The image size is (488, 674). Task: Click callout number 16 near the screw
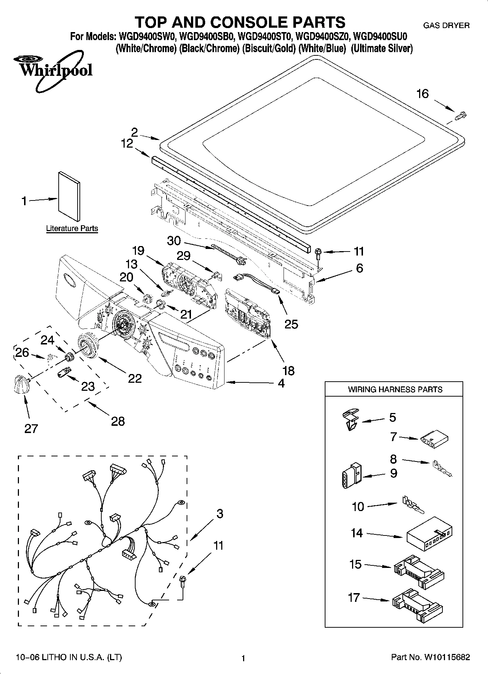click(422, 94)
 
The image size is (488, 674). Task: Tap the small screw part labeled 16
click(461, 116)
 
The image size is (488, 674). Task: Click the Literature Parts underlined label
click(72, 229)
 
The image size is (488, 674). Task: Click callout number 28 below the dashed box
click(118, 421)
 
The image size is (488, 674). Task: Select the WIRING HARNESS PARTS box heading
click(395, 389)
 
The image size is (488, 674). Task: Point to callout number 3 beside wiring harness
click(219, 514)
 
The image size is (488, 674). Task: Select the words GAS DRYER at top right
click(446, 26)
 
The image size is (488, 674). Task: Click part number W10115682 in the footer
click(446, 657)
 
